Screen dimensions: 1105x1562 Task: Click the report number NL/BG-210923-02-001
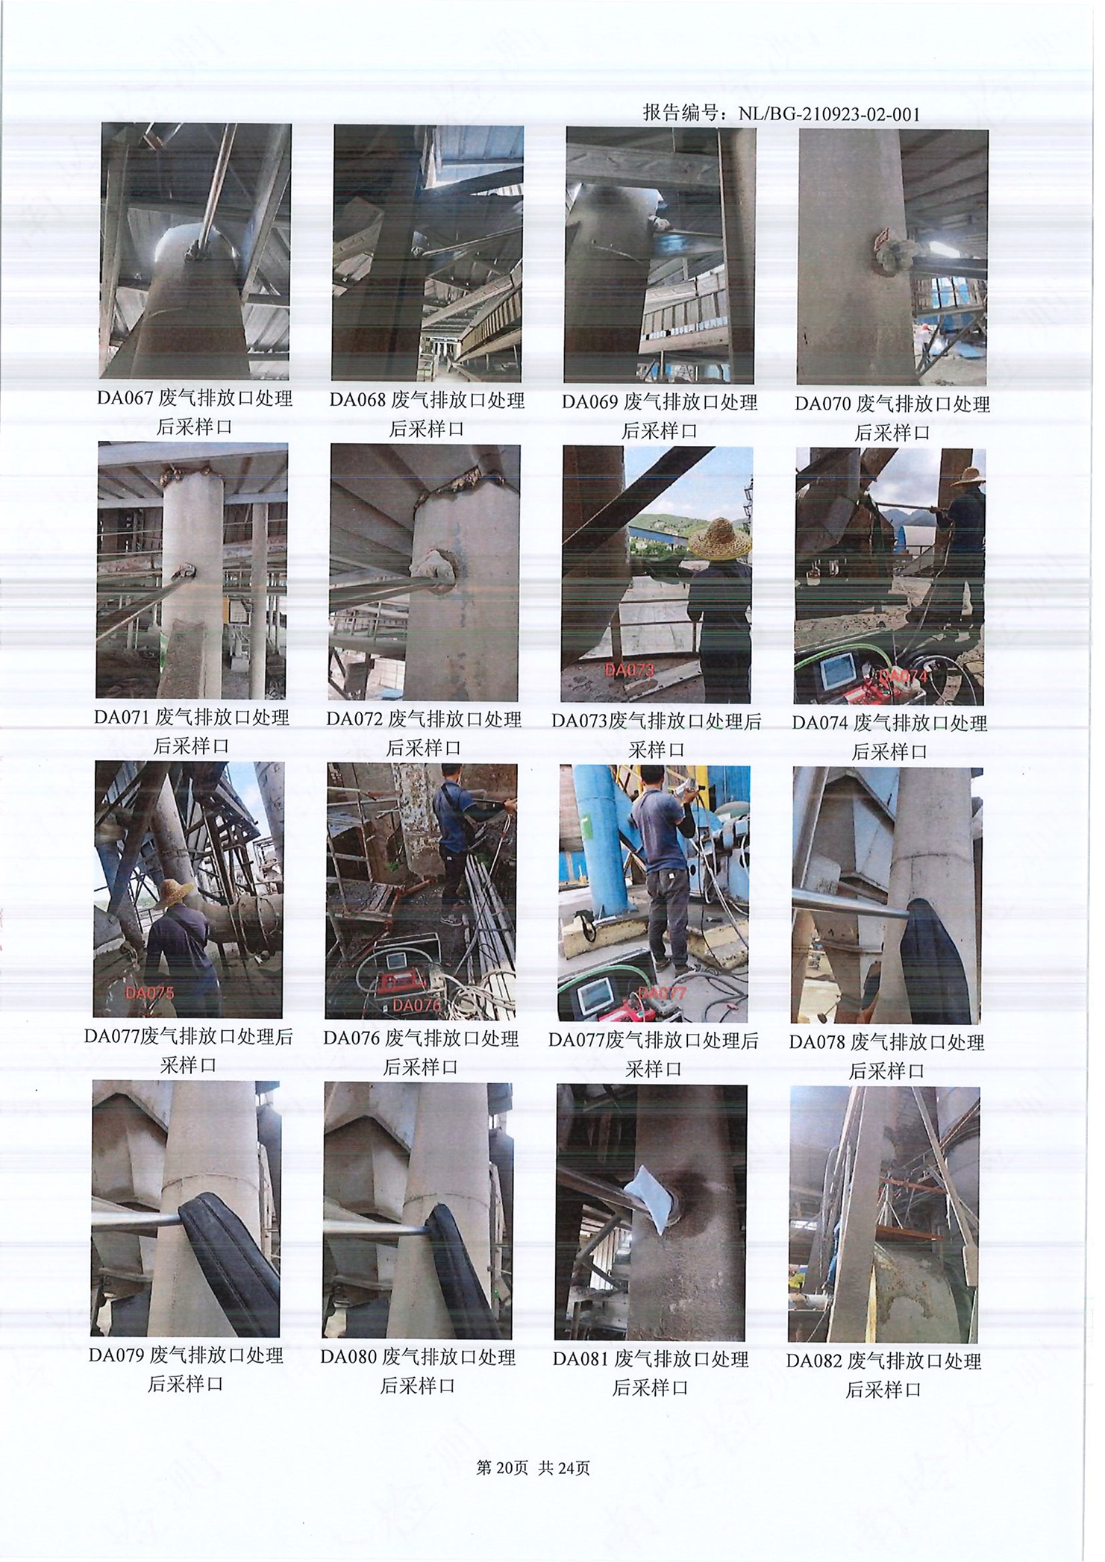pos(829,114)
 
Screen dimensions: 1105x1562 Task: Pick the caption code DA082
pos(814,1361)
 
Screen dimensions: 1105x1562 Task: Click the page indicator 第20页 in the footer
pos(502,1469)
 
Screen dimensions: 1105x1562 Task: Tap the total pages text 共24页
pos(564,1469)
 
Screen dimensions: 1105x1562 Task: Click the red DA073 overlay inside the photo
pos(630,670)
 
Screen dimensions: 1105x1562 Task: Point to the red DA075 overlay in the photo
pos(149,993)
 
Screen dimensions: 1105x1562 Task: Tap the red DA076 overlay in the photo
pos(417,1005)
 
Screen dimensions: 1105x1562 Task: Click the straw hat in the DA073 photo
pos(719,537)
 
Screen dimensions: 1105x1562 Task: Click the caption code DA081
pos(581,1359)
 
